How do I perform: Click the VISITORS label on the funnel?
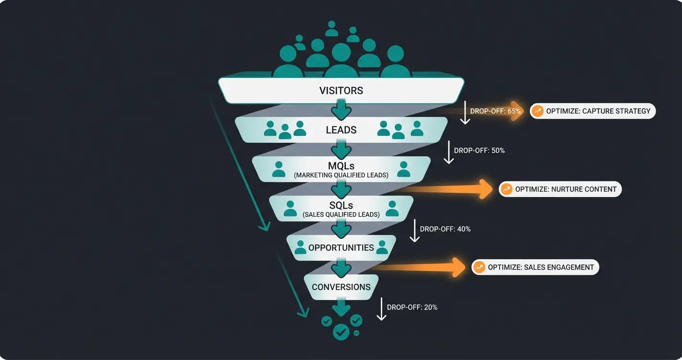click(x=341, y=90)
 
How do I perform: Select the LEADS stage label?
click(x=341, y=130)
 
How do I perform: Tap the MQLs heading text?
click(x=341, y=166)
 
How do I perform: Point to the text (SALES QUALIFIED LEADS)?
click(x=341, y=214)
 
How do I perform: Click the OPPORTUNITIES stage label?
click(x=341, y=247)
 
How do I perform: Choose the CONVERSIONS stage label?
click(x=341, y=287)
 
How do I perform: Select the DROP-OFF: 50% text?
click(x=479, y=150)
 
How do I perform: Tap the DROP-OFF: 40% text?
click(x=445, y=229)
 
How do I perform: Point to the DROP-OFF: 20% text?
click(x=412, y=307)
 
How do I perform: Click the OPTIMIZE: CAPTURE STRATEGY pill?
click(x=592, y=111)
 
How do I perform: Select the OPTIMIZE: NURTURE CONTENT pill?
click(x=560, y=189)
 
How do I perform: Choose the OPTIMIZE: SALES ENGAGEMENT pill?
click(x=535, y=267)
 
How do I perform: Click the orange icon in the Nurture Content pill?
click(x=506, y=189)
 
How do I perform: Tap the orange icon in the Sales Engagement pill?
click(x=479, y=267)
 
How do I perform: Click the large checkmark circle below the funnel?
click(x=341, y=331)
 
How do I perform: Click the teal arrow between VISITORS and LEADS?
click(x=341, y=109)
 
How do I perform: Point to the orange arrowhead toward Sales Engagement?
click(x=457, y=267)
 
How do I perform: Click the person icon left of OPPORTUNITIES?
click(x=300, y=247)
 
